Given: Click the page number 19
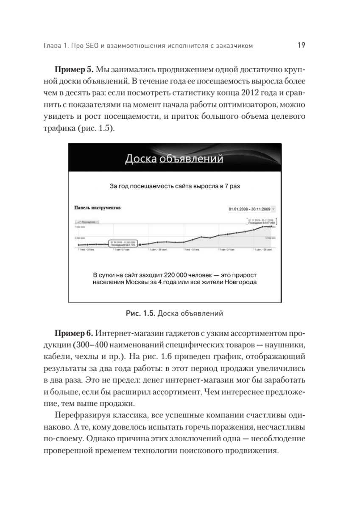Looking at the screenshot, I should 302,45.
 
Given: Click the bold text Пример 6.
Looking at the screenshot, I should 73,330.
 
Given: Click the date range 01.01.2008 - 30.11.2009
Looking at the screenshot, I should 249,209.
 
